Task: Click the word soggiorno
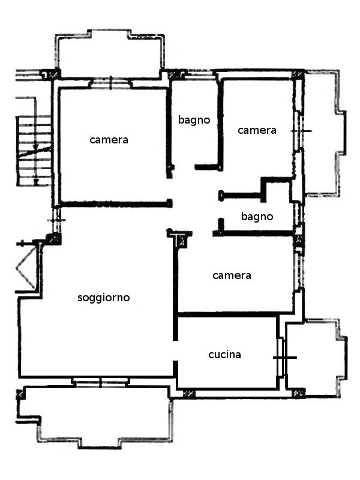pyautogui.click(x=103, y=298)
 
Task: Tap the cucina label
pyautogui.click(x=224, y=355)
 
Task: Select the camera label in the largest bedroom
pyautogui.click(x=109, y=140)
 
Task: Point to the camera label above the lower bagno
pyautogui.click(x=257, y=130)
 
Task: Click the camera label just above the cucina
pyautogui.click(x=232, y=275)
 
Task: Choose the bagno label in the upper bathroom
pyautogui.click(x=194, y=120)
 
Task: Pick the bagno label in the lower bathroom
pyautogui.click(x=257, y=217)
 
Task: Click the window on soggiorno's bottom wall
pyautogui.click(x=101, y=382)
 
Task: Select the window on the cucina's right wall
pyautogui.click(x=281, y=357)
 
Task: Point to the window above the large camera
pyautogui.click(x=110, y=83)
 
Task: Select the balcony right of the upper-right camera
pyautogui.click(x=324, y=133)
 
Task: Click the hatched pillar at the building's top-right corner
pyautogui.click(x=297, y=74)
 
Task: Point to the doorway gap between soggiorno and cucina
pyautogui.click(x=175, y=350)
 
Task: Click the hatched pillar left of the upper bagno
pyautogui.click(x=174, y=74)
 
